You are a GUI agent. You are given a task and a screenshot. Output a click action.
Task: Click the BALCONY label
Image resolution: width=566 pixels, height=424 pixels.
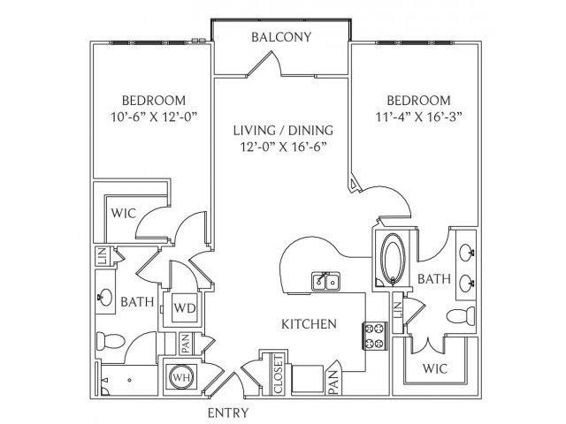coord(281,37)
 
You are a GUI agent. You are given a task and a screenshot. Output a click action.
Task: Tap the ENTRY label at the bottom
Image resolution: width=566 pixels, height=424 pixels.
coord(228,413)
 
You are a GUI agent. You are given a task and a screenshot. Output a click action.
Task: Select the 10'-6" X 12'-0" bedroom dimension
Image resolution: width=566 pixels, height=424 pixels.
coord(154,117)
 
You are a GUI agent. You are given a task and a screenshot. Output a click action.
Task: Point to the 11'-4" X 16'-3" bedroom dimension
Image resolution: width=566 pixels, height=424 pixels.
coord(419,117)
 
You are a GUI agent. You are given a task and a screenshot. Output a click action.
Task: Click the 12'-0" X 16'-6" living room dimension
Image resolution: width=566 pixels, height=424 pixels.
coord(284,148)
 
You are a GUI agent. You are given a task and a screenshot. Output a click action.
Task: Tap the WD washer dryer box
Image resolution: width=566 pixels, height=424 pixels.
coord(185,308)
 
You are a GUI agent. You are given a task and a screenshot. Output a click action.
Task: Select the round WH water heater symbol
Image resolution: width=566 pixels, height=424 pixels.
coord(183,377)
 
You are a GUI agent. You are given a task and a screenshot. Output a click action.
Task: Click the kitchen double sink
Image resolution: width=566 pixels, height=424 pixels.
coord(325,281)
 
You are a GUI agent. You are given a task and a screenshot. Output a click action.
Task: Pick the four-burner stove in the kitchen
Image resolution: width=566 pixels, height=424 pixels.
coord(375,336)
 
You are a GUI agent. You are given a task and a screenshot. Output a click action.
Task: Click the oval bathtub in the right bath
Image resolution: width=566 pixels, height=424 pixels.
coord(393,259)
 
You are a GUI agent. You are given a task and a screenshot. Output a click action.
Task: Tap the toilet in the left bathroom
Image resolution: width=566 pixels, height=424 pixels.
coord(110,341)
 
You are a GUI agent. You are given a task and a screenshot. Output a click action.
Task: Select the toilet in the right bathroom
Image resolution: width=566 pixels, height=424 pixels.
coord(461,316)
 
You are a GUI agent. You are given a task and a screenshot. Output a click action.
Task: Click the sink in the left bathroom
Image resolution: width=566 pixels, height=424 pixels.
coord(105,297)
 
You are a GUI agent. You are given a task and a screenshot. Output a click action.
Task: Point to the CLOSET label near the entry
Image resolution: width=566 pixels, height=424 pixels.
coord(279,374)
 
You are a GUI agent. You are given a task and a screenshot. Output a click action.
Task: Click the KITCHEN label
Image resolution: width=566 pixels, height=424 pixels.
coord(309,324)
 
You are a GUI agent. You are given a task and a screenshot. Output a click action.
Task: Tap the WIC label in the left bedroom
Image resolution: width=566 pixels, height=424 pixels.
coord(124,213)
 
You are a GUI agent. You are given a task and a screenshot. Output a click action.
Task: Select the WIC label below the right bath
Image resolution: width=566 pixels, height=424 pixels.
coord(434,368)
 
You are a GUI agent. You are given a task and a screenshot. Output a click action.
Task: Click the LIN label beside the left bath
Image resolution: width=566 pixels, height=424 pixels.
coord(103,256)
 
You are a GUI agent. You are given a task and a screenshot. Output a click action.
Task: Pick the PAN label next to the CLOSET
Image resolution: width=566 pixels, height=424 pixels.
coord(334,382)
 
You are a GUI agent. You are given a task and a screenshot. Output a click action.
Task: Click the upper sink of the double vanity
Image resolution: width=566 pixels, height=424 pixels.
coord(467,253)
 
